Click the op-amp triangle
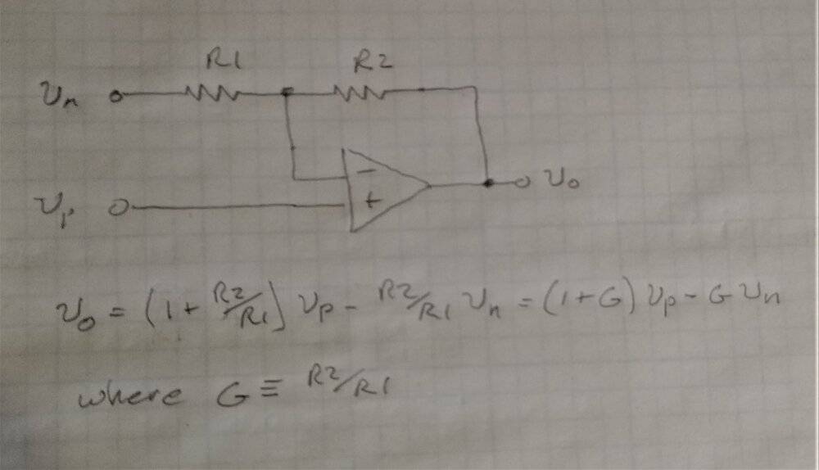tap(385, 188)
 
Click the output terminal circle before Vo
tap(518, 183)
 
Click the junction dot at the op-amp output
tap(488, 183)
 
